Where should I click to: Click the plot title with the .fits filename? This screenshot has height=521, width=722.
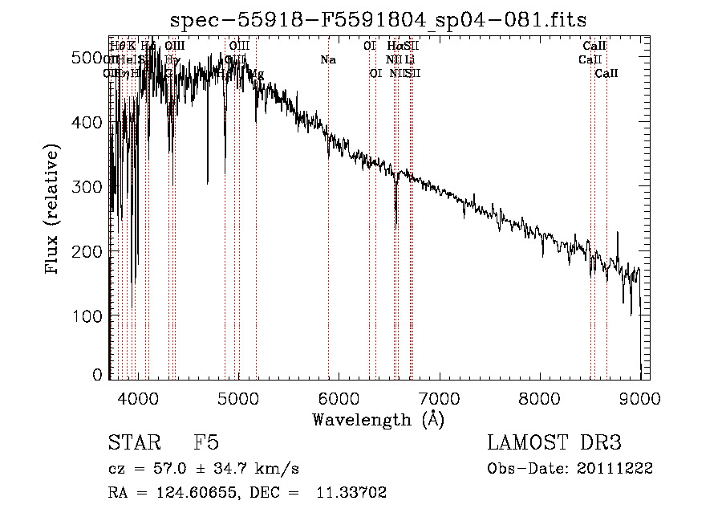[x=378, y=19]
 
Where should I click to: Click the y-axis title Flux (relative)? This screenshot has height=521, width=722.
[x=53, y=211]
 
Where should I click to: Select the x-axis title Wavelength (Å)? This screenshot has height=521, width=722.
[x=378, y=419]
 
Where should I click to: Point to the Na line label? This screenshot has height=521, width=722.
[x=327, y=60]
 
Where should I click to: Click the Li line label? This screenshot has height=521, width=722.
[x=410, y=60]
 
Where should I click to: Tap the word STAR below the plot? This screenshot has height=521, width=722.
[x=132, y=443]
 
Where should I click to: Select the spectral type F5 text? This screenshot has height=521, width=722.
[x=206, y=443]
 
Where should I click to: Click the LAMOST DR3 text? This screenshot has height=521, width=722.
[x=554, y=443]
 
